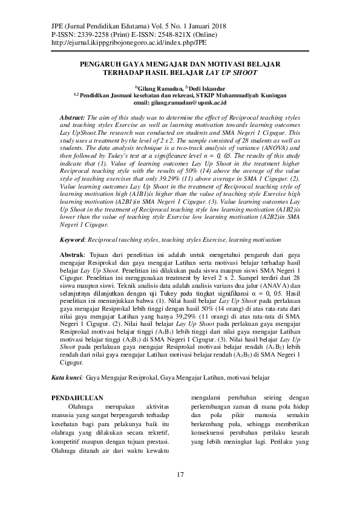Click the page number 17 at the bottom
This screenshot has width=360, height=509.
pyautogui.click(x=180, y=474)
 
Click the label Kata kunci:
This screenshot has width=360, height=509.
pyautogui.click(x=67, y=377)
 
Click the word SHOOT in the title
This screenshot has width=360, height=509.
pyautogui.click(x=244, y=72)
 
